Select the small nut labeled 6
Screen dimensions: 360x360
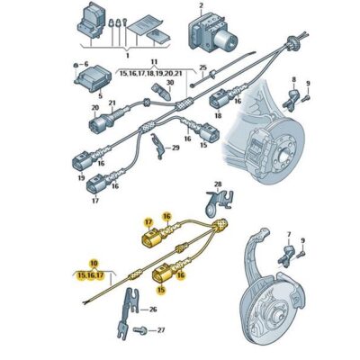(76, 65)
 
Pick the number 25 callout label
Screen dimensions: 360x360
(203, 68)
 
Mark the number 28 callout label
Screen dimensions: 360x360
(216, 184)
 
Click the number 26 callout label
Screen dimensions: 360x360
(153, 310)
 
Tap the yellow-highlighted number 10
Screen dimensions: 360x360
(83, 263)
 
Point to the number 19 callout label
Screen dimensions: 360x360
(82, 178)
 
